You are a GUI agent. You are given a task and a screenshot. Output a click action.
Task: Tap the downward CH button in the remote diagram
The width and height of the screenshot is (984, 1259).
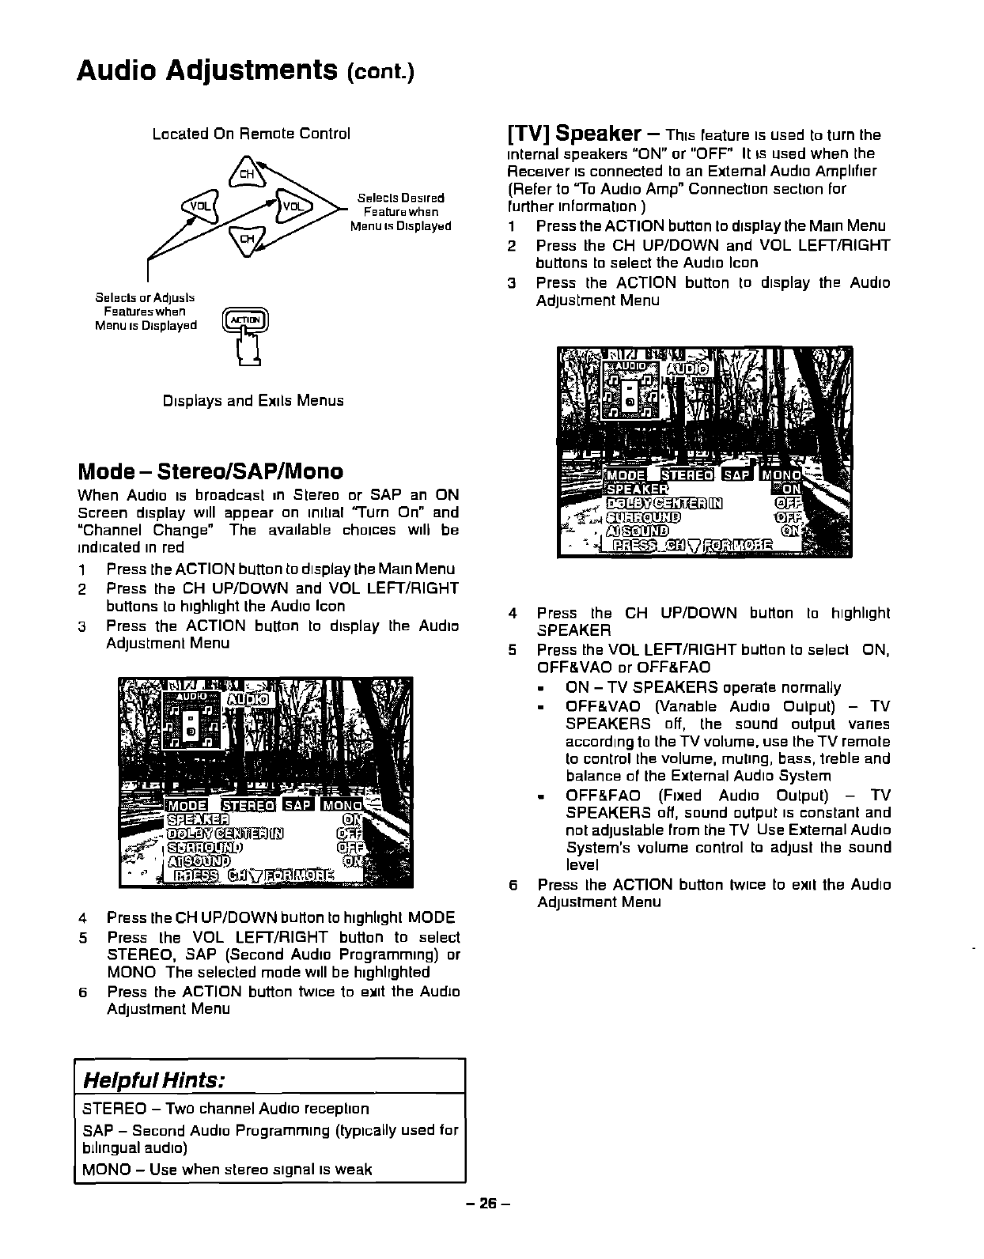pyautogui.click(x=246, y=236)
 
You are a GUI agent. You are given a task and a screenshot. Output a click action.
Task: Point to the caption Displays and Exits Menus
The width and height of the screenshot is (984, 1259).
pyautogui.click(x=253, y=400)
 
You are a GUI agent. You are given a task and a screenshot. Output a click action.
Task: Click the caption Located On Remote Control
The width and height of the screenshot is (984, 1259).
pyautogui.click(x=251, y=134)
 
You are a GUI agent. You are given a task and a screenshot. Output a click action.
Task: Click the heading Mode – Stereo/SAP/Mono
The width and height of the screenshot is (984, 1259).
pyautogui.click(x=210, y=472)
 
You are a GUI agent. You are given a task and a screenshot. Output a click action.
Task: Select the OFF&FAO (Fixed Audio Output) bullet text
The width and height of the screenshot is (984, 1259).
pyautogui.click(x=728, y=796)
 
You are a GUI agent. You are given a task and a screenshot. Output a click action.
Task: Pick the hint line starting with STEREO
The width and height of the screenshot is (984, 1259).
pyautogui.click(x=225, y=1109)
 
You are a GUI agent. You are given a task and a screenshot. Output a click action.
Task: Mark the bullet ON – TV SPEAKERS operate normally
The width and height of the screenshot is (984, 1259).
pyautogui.click(x=703, y=687)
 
